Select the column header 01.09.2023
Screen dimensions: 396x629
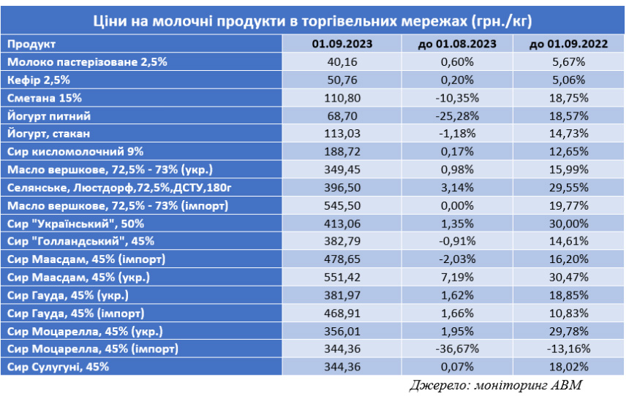point(343,44)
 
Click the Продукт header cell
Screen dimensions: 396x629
point(29,44)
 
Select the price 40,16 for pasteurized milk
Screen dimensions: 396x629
point(343,62)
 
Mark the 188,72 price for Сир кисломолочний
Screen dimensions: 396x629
point(343,152)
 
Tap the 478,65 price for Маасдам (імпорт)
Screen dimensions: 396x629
point(343,259)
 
